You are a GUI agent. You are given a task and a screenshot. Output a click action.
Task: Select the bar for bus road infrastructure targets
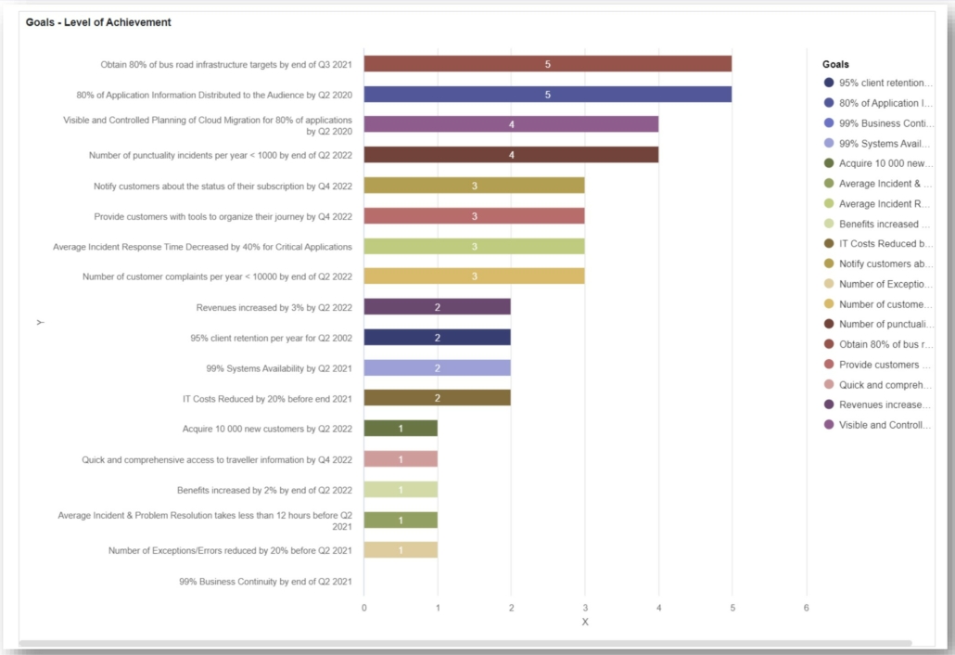(x=547, y=64)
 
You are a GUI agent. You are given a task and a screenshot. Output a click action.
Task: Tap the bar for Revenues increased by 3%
(x=437, y=306)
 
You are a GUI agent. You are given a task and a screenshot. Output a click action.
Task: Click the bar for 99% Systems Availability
(x=437, y=367)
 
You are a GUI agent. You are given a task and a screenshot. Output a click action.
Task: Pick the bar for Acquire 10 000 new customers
(x=401, y=428)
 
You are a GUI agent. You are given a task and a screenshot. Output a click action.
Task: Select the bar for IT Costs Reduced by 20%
(x=437, y=398)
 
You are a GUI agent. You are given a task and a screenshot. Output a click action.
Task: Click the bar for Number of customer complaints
(x=474, y=276)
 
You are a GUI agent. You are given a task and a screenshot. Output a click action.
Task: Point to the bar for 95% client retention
(x=437, y=337)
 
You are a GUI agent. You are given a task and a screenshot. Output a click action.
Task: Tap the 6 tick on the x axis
(x=806, y=607)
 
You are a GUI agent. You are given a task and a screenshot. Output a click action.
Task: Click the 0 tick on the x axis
(x=363, y=607)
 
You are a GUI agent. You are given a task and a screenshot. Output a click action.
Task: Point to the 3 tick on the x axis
(x=584, y=607)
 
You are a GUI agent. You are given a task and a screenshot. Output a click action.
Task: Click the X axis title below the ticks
(x=584, y=623)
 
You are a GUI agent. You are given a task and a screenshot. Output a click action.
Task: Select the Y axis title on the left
(x=40, y=322)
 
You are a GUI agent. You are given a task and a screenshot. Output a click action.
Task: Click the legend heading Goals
(x=835, y=65)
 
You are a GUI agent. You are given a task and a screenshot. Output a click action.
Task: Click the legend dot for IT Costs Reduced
(x=828, y=244)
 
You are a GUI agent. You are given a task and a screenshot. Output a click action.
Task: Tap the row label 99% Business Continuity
(x=265, y=582)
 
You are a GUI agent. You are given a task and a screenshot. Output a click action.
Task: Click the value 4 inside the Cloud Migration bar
(x=511, y=124)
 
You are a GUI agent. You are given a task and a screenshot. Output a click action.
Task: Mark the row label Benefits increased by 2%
(x=264, y=490)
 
